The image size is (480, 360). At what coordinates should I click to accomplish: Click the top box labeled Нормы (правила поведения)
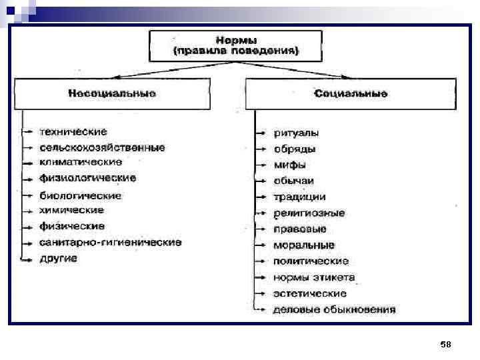237,45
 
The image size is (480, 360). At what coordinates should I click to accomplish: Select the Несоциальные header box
112,94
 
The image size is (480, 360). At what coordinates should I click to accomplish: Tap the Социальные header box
351,94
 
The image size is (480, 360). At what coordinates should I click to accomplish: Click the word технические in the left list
73,132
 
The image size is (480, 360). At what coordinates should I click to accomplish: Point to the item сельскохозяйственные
102,147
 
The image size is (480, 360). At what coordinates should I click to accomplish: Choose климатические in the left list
81,162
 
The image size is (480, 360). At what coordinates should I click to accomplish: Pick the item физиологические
88,178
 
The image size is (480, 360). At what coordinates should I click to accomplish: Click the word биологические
81,195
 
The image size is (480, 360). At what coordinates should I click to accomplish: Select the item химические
72,210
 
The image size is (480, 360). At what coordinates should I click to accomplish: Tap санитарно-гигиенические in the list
110,242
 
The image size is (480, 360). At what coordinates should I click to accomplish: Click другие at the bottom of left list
59,258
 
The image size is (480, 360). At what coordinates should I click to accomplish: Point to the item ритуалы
296,133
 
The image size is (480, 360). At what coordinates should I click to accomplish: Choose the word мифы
290,165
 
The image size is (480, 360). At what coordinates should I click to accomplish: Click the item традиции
299,197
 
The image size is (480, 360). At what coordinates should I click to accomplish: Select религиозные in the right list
309,213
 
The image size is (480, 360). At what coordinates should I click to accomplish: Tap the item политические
311,261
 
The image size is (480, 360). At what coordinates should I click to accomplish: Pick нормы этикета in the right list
314,277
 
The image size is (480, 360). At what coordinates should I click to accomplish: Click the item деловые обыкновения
334,309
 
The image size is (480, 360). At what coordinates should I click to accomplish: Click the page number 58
446,344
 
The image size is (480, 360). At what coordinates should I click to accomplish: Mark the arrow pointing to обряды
261,149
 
